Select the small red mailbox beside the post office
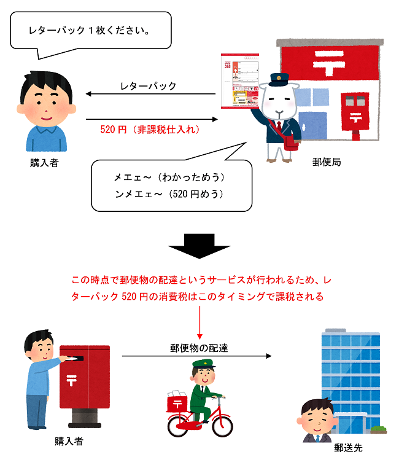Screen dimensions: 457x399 point(354,114)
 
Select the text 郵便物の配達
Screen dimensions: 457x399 point(199,348)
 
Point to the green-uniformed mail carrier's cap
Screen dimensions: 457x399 point(201,365)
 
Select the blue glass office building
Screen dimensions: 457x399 point(351,375)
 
